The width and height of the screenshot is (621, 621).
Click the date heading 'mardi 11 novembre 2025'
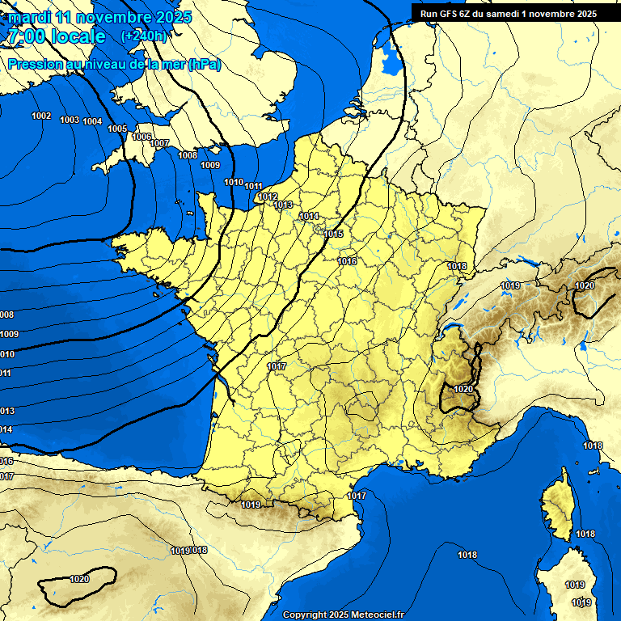point(100,17)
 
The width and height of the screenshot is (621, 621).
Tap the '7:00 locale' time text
point(57,36)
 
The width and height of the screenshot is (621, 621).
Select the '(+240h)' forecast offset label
point(145,36)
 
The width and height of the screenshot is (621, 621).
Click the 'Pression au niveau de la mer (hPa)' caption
point(114,64)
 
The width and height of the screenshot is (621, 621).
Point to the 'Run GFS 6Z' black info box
point(509,13)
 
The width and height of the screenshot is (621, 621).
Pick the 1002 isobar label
point(41,116)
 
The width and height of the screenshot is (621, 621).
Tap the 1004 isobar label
point(92,121)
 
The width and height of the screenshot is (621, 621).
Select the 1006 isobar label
point(142,137)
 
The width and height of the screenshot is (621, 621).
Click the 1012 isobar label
point(268,196)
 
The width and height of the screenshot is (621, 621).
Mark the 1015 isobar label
point(333,234)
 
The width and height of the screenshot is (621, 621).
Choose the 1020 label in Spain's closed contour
point(79,579)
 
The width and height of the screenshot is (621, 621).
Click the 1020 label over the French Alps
point(463,389)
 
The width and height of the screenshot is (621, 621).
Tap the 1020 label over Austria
point(584,285)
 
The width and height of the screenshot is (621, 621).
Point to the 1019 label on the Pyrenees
point(251,505)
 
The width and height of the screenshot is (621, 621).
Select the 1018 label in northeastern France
point(457,266)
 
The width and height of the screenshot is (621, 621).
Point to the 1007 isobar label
point(159,143)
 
